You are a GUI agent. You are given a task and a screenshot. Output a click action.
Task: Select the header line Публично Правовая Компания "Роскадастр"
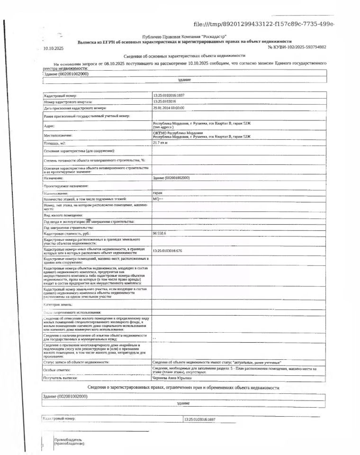(184, 37)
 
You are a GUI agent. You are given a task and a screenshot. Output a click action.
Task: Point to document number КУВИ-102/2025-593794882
(297, 47)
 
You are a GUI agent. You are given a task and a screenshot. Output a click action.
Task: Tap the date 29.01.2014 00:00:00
(169, 108)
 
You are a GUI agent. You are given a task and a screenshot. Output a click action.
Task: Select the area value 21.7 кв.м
(161, 142)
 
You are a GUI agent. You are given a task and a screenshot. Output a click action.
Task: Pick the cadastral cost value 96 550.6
(159, 234)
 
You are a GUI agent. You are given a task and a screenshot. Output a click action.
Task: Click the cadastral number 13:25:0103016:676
(168, 250)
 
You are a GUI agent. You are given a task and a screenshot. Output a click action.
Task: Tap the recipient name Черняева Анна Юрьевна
(172, 378)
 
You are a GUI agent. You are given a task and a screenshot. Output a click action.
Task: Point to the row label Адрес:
(49, 126)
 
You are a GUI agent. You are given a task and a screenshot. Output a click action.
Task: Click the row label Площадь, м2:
(54, 143)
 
